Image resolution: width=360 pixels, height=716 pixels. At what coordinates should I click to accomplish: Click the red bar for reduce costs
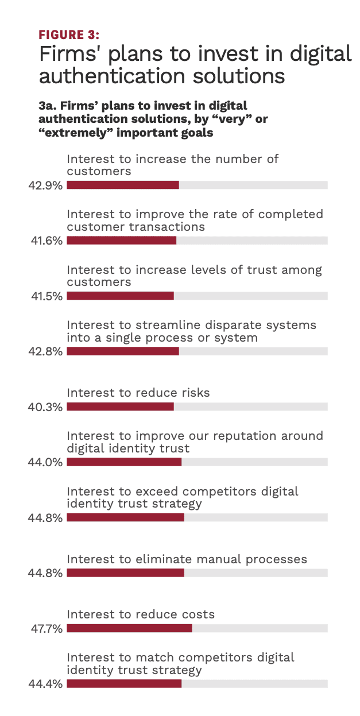coord(129,628)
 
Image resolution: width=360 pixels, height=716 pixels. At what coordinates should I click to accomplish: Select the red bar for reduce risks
coord(120,407)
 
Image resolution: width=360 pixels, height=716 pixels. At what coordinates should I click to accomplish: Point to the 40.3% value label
coord(45,407)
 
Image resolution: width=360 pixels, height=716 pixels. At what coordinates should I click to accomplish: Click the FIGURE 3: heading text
coord(69,34)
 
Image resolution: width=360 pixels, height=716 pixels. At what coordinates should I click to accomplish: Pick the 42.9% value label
coord(45,185)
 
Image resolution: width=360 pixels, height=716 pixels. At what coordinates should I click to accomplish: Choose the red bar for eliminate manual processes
coord(125,573)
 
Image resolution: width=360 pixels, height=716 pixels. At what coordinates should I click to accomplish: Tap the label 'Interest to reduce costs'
coord(141,614)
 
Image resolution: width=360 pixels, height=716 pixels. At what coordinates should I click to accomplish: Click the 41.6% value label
coord(47,241)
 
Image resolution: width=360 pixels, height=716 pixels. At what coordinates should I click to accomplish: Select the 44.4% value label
coord(45,684)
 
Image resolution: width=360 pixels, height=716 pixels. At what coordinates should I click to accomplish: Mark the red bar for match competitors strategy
coord(124,684)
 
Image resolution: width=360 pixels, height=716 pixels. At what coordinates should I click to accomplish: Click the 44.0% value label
coord(45,462)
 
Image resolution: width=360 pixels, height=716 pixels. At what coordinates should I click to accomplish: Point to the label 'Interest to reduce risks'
coord(138,393)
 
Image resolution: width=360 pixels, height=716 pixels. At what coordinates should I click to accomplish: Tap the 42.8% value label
coord(45,351)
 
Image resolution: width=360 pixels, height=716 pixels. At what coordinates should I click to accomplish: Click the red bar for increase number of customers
coord(123,185)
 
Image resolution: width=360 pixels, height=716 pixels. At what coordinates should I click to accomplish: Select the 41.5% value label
coord(47,296)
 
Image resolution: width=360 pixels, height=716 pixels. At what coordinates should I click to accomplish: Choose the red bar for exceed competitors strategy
coord(125,517)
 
